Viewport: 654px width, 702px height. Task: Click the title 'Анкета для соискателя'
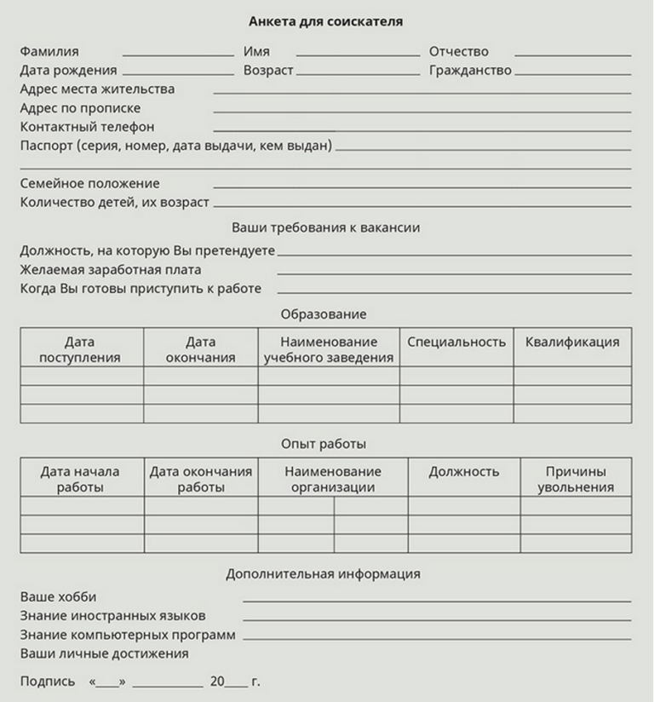(x=326, y=20)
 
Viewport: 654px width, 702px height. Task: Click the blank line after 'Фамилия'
(x=177, y=55)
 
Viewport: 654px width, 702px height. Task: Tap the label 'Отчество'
(x=458, y=52)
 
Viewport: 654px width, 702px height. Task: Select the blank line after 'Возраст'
(x=358, y=74)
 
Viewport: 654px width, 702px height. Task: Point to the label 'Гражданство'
(x=470, y=71)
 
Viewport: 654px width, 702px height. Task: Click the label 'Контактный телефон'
(x=87, y=127)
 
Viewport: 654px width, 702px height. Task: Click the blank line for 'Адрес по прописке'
(x=422, y=112)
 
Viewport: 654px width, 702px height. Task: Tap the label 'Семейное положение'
(x=89, y=183)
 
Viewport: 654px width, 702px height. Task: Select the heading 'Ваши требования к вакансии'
(x=326, y=228)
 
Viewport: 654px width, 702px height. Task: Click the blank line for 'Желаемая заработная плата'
(x=454, y=273)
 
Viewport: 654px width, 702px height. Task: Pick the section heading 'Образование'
(x=324, y=314)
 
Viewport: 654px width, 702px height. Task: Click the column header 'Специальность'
(x=456, y=342)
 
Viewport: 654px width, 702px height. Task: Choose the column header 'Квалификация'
(x=572, y=342)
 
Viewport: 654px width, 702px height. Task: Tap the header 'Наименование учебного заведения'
(x=329, y=350)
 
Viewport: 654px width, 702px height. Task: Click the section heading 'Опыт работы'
(x=324, y=445)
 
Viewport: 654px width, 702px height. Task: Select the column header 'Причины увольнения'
(x=576, y=480)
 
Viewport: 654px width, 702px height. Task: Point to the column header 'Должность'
(x=464, y=472)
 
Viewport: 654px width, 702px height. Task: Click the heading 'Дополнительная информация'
(x=323, y=574)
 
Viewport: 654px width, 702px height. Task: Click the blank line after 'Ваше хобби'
(x=436, y=601)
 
